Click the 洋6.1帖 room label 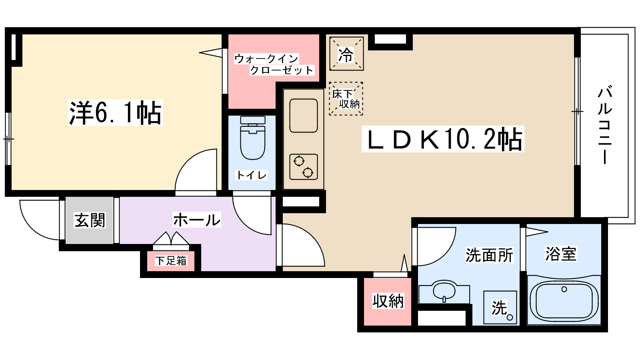point(115,113)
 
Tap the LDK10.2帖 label point(443,139)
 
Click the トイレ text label point(252,175)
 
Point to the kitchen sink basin point(304,116)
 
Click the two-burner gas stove point(304,167)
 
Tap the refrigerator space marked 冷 point(346,54)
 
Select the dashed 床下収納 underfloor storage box point(346,99)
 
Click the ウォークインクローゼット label point(274,64)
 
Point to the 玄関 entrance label point(90,220)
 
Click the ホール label point(197,220)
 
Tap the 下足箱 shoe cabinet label point(171,261)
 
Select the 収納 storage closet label point(388,301)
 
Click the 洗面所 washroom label point(489,255)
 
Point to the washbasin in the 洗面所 point(444,291)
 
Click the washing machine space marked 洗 point(500,307)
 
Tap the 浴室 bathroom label point(561,254)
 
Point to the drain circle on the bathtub point(564,289)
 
